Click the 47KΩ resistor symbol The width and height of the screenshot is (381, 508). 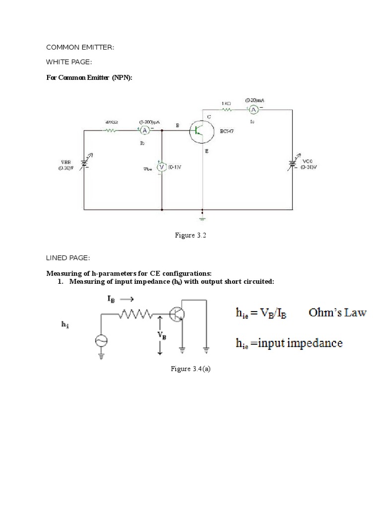(x=110, y=130)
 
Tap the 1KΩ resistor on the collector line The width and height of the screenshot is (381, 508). (x=226, y=109)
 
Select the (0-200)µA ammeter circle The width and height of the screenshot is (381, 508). (x=144, y=130)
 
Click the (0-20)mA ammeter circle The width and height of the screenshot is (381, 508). (x=253, y=109)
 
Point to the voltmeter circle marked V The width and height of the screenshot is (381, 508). (x=161, y=167)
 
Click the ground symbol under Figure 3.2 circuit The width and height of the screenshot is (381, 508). (x=202, y=217)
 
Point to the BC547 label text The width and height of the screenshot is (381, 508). (x=227, y=132)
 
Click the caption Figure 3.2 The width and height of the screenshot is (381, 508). (x=190, y=236)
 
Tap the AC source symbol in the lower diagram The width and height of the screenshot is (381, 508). (x=102, y=340)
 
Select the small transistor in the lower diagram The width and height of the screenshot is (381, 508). (x=177, y=314)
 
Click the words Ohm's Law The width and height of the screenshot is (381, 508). (x=337, y=313)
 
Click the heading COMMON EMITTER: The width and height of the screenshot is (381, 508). (x=80, y=47)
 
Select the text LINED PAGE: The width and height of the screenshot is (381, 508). (x=68, y=258)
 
